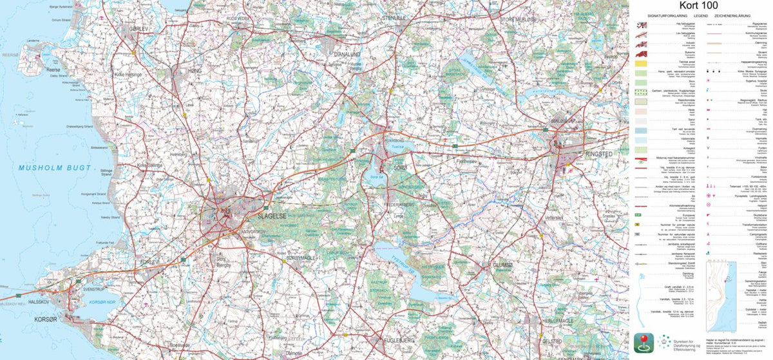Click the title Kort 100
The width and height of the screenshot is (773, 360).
[x=700, y=6]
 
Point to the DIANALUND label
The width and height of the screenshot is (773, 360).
[x=347, y=55]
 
